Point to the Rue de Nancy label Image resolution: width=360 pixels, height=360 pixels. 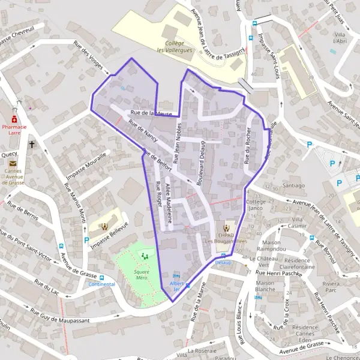click(143, 133)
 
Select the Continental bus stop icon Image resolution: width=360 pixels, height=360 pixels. click(101, 277)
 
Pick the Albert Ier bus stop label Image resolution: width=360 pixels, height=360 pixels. click(176, 286)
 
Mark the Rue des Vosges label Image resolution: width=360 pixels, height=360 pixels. click(86, 55)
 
